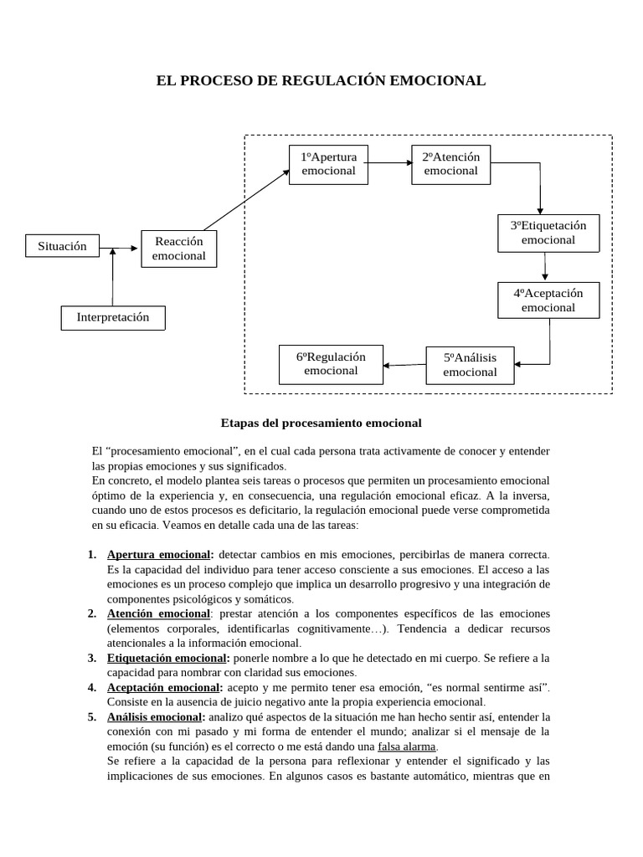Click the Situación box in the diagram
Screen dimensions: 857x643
63,246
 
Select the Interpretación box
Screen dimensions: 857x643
113,318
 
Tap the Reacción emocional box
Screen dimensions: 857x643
179,249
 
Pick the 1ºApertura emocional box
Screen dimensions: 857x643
329,164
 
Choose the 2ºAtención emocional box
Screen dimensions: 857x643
450,164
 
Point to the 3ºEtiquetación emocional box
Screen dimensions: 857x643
548,233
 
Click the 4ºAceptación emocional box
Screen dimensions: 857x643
548,300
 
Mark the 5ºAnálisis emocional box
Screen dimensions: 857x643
470,365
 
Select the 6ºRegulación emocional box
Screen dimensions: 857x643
331,364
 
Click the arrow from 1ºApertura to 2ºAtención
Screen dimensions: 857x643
388,163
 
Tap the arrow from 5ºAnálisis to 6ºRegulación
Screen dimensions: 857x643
404,365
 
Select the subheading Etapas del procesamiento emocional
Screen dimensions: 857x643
321,423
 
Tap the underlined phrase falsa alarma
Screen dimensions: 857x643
408,747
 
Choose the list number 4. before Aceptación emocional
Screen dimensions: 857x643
92,687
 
